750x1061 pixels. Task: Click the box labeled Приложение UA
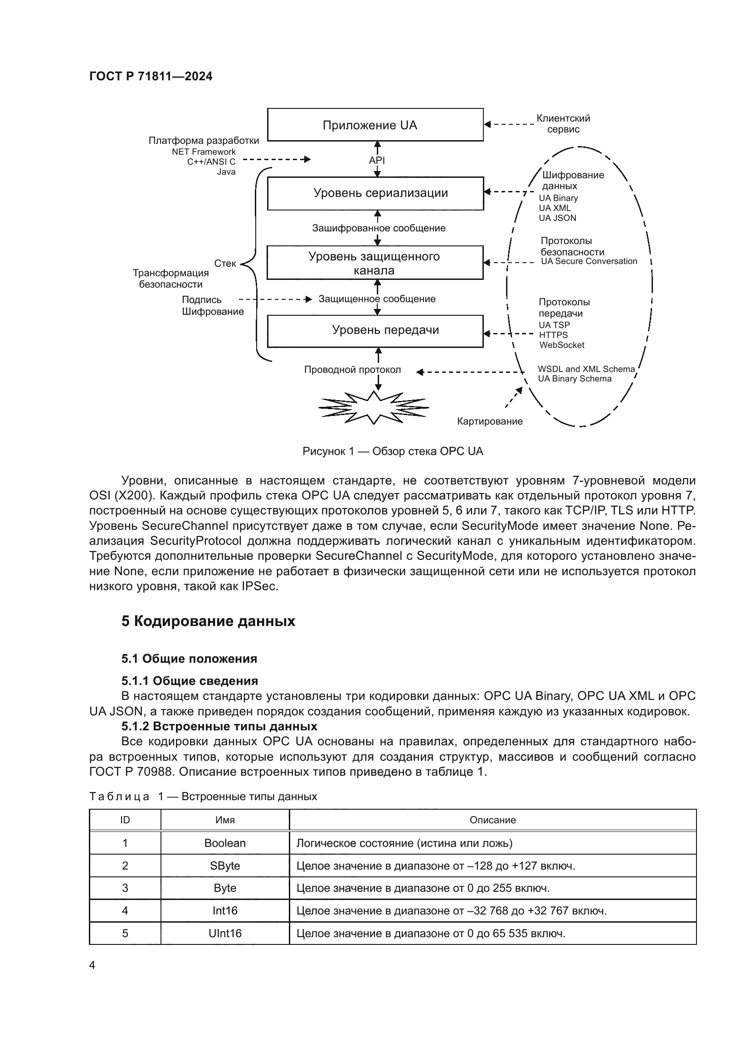coord(375,125)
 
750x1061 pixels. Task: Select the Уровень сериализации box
coord(375,193)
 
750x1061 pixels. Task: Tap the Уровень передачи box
coord(375,330)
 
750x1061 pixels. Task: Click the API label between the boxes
coord(377,160)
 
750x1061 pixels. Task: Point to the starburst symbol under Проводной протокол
coord(374,408)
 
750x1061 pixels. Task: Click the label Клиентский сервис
coord(563,124)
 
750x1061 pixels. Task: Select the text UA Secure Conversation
coord(589,262)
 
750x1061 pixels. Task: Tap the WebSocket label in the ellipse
coord(561,345)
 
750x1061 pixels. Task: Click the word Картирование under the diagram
coord(490,421)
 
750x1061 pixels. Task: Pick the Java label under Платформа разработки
coord(226,172)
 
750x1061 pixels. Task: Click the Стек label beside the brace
coord(225,264)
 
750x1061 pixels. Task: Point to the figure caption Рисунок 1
coord(393,451)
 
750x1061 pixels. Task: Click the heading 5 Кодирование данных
coord(208,621)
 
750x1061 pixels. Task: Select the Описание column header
coord(492,820)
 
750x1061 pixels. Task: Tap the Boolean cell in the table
coord(225,843)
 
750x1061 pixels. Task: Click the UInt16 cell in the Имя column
coord(225,934)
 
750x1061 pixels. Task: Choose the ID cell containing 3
coord(125,888)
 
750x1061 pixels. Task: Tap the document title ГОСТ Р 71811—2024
coord(151,77)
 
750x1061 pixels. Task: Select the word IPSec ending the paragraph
coord(259,587)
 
